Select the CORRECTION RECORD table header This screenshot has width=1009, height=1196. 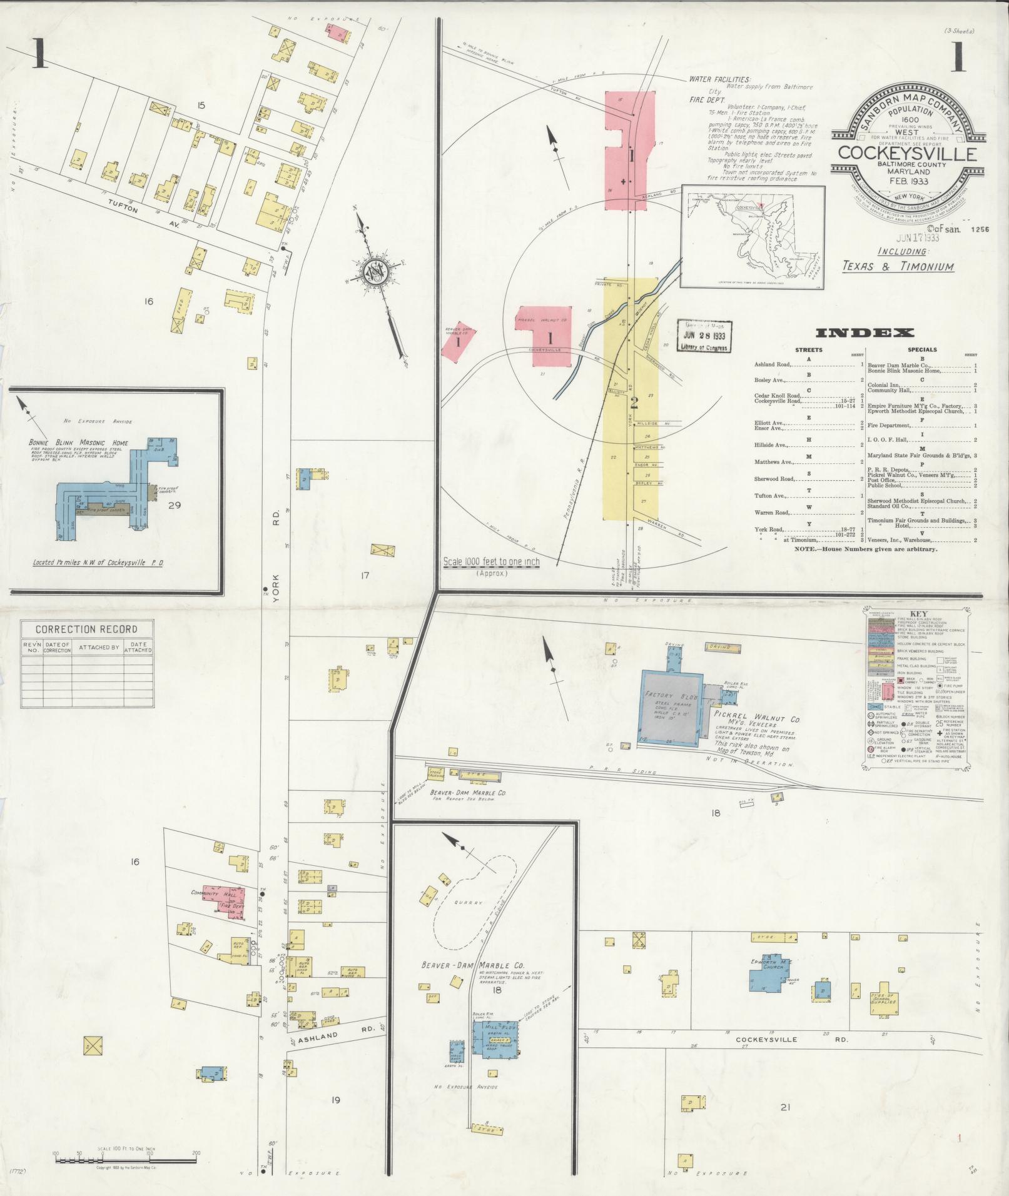click(86, 629)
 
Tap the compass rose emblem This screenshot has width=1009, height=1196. click(375, 273)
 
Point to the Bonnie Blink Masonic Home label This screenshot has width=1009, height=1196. click(79, 443)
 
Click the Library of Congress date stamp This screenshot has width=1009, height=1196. click(704, 337)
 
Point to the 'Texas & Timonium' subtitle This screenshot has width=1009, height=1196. click(898, 266)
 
